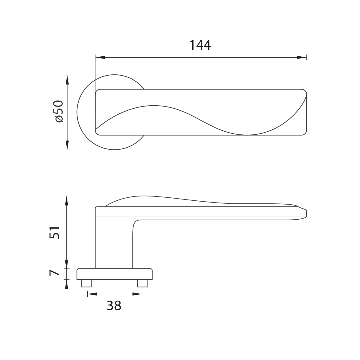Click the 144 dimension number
tap(200, 45)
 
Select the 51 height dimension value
tap(55, 232)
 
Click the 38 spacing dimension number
tap(114, 306)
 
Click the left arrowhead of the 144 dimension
tap(100, 57)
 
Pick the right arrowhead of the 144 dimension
tap(302, 57)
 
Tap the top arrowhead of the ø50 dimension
tap(67, 80)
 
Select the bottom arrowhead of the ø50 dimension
tap(67, 145)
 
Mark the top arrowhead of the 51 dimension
tap(67, 201)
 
